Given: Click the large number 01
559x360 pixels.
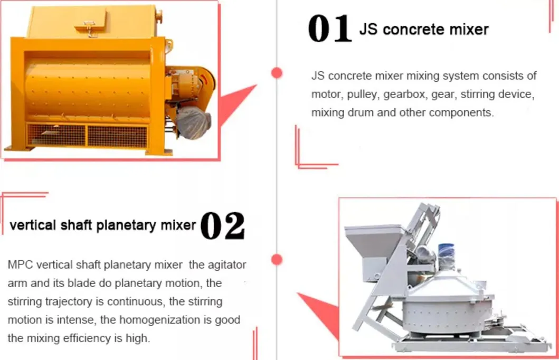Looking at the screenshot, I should point(329,29).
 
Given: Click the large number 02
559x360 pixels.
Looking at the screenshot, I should point(223,225).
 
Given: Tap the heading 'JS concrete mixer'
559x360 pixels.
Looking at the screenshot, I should point(424,29).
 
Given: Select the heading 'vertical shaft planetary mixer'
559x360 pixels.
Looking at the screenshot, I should point(103,225).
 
